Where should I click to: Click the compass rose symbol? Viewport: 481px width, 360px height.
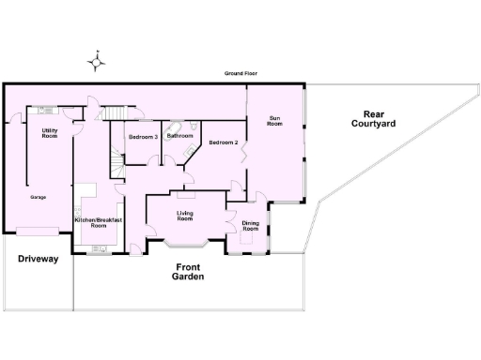(96, 63)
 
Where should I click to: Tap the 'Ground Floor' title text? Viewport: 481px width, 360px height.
(240, 73)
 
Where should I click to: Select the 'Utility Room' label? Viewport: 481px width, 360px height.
(50, 133)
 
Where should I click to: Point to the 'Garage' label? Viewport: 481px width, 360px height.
(39, 197)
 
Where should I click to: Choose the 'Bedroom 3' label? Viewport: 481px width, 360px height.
(143, 137)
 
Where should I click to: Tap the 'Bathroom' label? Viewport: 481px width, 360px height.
(179, 136)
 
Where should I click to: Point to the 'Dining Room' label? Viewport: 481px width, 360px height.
(250, 225)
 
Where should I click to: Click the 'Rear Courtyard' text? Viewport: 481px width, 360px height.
(373, 119)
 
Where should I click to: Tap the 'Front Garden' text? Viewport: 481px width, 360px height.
(190, 272)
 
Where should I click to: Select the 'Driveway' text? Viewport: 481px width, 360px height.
(38, 258)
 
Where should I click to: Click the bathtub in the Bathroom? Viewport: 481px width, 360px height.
(176, 126)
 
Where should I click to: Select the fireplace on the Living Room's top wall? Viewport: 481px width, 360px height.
(185, 196)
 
